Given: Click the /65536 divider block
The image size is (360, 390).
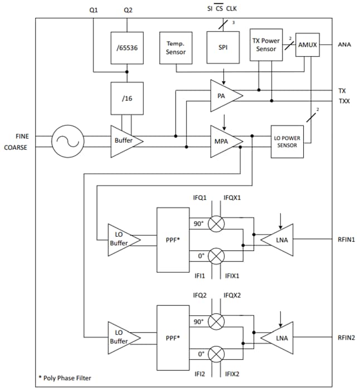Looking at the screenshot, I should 128,48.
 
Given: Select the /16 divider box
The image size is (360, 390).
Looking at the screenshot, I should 128,98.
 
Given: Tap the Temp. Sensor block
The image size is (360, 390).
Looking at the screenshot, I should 176,48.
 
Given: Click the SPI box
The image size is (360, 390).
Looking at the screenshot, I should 223,48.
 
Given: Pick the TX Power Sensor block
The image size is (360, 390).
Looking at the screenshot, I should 266,45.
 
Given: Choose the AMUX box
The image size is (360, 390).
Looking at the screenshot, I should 307,45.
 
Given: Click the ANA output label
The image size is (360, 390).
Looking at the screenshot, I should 344,45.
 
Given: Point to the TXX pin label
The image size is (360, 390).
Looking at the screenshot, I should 344,101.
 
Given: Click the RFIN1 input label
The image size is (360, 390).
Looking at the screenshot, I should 346,240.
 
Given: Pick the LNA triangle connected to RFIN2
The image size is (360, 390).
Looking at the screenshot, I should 279,338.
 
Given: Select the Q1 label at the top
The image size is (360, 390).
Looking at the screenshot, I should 94,11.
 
